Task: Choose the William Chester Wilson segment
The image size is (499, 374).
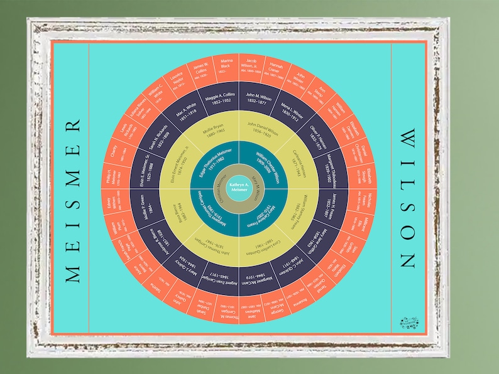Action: click(267, 161)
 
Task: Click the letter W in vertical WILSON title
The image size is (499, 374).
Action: click(409, 138)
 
